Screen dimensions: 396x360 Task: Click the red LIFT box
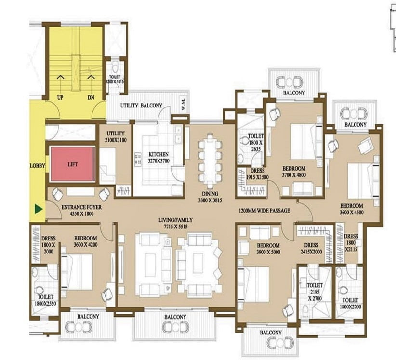click(x=72, y=164)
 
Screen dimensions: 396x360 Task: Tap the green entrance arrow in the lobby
click(x=39, y=209)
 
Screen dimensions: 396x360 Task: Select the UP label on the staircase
click(x=60, y=97)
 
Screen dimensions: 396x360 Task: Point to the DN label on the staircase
click(x=91, y=97)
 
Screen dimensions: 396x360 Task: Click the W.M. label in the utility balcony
click(x=183, y=104)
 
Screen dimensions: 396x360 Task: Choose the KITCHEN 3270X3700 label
click(x=158, y=158)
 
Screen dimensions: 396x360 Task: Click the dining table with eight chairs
click(x=210, y=160)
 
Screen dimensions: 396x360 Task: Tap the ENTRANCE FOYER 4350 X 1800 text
click(x=81, y=211)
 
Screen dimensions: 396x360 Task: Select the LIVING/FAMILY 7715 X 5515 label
click(x=175, y=223)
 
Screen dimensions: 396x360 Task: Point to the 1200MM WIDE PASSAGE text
click(x=264, y=210)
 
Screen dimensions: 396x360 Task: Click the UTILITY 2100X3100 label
click(x=116, y=137)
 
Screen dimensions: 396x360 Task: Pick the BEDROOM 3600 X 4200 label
click(x=86, y=241)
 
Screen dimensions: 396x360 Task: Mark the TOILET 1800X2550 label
click(x=45, y=300)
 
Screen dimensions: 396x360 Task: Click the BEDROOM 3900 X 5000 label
click(x=268, y=249)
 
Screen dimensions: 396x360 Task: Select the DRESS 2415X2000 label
click(x=311, y=248)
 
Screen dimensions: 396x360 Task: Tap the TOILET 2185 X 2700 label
click(x=315, y=292)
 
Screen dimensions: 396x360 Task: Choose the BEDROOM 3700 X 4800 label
click(x=294, y=172)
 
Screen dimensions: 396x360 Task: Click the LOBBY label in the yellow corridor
click(x=38, y=166)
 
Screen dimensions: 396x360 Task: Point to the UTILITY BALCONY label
click(x=141, y=106)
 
